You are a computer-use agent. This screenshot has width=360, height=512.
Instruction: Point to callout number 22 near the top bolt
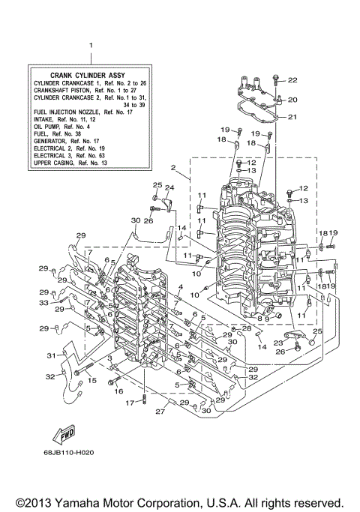pyautogui.click(x=292, y=80)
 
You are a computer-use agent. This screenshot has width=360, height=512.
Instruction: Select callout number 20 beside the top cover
pyautogui.click(x=292, y=100)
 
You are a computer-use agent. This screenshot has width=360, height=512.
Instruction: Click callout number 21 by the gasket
pyautogui.click(x=292, y=117)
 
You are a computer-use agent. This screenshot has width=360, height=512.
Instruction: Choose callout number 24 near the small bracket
pyautogui.click(x=169, y=187)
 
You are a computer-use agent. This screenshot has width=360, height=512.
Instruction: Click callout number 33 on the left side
pyautogui.click(x=44, y=303)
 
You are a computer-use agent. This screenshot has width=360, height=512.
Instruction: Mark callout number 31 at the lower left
pyautogui.click(x=51, y=355)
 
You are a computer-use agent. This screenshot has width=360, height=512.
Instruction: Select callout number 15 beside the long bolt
pyautogui.click(x=92, y=381)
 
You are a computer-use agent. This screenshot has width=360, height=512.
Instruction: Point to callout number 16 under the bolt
pyautogui.click(x=118, y=391)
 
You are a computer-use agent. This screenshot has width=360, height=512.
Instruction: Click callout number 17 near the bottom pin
pyautogui.click(x=128, y=403)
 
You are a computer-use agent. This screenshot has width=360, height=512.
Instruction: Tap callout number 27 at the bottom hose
pyautogui.click(x=160, y=412)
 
